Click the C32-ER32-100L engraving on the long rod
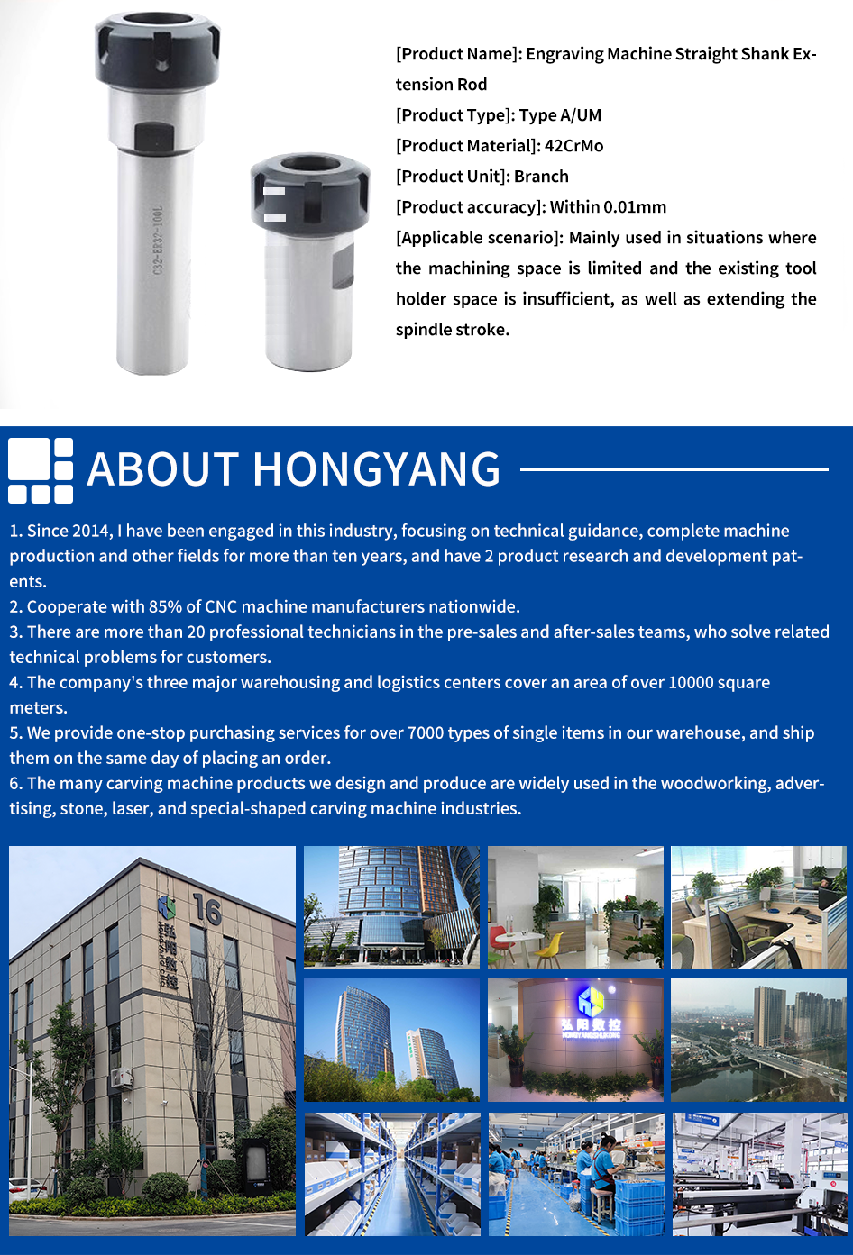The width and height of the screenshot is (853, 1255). coord(157,240)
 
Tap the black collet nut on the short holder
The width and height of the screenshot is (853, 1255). coord(309,191)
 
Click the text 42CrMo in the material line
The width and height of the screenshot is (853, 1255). coord(573,146)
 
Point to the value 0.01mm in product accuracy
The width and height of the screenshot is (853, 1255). coord(635,207)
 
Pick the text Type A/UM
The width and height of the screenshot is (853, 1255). coord(560,115)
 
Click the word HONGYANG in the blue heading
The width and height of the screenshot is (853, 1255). coord(376,469)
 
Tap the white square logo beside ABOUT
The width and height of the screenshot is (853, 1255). coord(41,469)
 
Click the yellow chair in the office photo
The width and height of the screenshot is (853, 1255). coord(549,946)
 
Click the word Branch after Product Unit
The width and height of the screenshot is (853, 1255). coord(541,177)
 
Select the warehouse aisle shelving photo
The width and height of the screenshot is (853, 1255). coord(392,1174)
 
